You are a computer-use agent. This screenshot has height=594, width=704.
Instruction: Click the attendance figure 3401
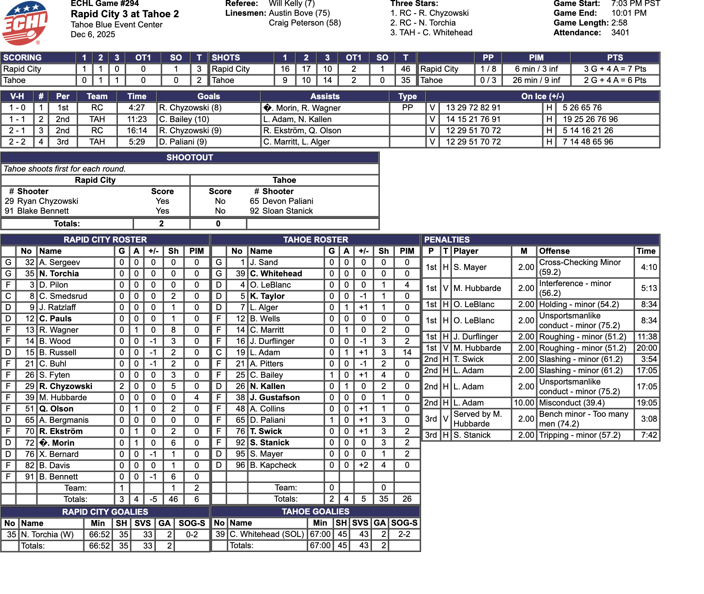(x=620, y=33)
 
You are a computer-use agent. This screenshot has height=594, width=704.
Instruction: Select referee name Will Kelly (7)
(x=292, y=4)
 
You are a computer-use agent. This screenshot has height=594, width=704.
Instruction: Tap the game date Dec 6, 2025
(x=93, y=35)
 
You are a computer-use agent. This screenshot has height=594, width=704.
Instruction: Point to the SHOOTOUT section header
(x=190, y=158)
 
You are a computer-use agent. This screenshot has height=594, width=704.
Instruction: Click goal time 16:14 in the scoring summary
(x=137, y=131)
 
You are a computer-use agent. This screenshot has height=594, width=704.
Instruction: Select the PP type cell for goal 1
(x=407, y=108)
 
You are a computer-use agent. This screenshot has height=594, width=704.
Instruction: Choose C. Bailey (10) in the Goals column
(x=184, y=119)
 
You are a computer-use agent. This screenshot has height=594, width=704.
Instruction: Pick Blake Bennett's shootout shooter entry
(x=43, y=211)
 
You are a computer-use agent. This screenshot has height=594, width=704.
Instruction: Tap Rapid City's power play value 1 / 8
(x=488, y=69)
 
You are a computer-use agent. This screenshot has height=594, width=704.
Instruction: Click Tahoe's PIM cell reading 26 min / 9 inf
(x=536, y=80)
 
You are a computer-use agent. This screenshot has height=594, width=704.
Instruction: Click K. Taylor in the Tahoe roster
(x=267, y=296)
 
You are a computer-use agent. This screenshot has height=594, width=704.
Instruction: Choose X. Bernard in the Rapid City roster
(x=59, y=454)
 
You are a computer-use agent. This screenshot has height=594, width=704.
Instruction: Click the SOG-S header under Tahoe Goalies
(x=404, y=523)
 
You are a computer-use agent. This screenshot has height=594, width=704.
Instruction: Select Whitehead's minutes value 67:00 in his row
(x=320, y=534)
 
